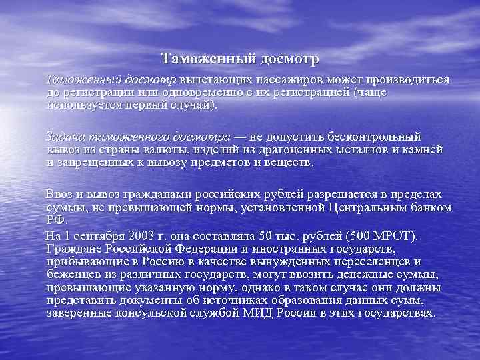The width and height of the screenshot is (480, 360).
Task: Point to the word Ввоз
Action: (58, 194)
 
